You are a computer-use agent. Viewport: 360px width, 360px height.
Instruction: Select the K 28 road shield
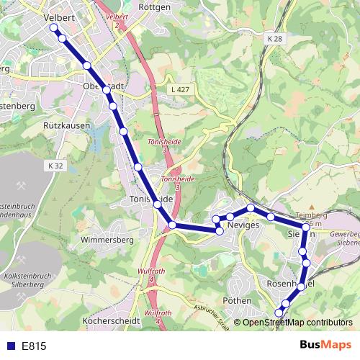click(x=273, y=37)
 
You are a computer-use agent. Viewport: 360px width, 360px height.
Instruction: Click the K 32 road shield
click(x=58, y=166)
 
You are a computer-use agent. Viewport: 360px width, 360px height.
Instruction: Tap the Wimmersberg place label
click(x=107, y=239)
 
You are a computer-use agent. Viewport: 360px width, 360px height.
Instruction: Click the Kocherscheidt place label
click(x=110, y=320)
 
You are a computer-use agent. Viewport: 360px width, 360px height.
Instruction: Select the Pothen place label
click(x=238, y=300)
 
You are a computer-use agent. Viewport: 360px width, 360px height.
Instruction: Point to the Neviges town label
click(x=242, y=225)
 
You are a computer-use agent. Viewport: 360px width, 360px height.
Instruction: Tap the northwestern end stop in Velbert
click(x=53, y=28)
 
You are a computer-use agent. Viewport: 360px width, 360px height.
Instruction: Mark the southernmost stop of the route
click(x=279, y=312)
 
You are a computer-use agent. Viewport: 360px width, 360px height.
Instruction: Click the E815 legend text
click(x=34, y=346)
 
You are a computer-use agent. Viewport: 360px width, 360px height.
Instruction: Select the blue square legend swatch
click(x=10, y=346)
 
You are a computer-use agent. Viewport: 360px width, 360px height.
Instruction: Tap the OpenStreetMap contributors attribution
click(x=296, y=323)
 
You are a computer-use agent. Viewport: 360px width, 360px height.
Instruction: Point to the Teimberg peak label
click(x=312, y=215)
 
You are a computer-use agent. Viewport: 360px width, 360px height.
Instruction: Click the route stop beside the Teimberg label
click(x=306, y=228)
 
